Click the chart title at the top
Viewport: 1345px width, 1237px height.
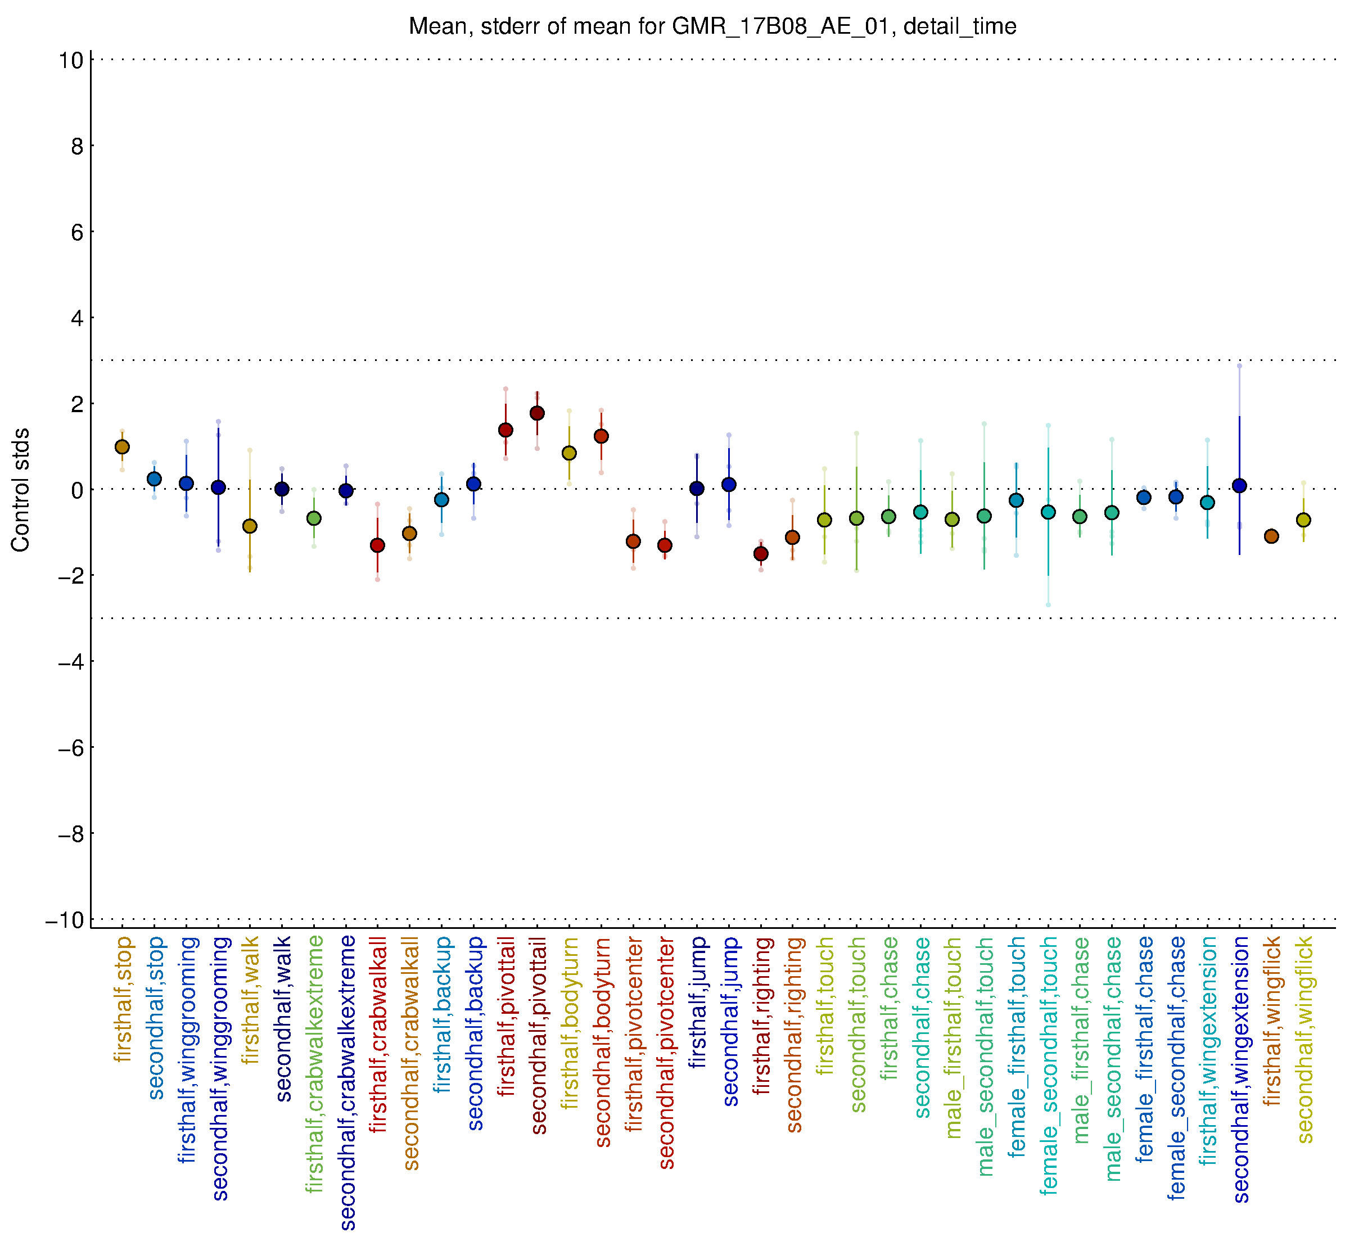tap(712, 27)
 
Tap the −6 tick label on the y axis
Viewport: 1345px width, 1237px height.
tap(70, 748)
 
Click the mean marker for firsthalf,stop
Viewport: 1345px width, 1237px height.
tap(122, 447)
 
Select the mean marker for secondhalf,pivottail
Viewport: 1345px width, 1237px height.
tap(537, 414)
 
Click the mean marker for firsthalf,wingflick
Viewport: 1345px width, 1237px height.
tap(1271, 536)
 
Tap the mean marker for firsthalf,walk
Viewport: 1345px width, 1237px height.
tap(250, 527)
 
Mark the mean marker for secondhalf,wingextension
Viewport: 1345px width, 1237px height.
tap(1239, 486)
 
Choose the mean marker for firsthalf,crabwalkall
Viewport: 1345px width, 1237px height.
tap(378, 545)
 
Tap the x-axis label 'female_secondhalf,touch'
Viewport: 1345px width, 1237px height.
tap(1049, 1065)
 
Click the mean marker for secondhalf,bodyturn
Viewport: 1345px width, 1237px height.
tap(601, 436)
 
